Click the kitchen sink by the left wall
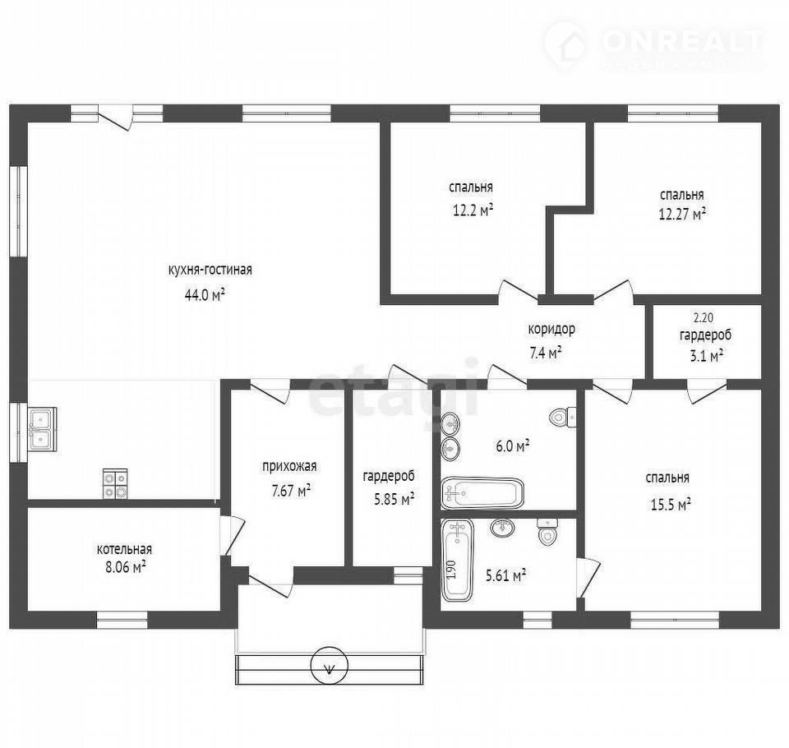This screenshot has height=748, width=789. (42, 429)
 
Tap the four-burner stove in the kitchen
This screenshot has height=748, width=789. (115, 483)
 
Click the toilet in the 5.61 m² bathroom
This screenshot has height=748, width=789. (547, 532)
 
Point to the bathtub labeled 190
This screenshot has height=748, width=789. (458, 561)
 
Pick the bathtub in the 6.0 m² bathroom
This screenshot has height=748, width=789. (482, 493)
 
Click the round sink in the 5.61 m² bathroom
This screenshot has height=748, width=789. (502, 528)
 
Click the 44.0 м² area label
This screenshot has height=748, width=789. (205, 294)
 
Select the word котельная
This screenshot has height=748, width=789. (124, 548)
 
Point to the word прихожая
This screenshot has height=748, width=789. (289, 467)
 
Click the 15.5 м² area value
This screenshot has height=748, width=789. (671, 504)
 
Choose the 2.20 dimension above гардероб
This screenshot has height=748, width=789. (704, 318)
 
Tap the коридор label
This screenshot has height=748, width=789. (551, 330)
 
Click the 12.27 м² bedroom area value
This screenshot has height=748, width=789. (682, 214)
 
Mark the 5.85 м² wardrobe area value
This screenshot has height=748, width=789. (394, 499)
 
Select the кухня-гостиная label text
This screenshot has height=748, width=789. (210, 270)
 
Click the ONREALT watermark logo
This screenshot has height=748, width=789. (654, 44)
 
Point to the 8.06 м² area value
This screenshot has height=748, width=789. (125, 568)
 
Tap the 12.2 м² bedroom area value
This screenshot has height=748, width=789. (473, 210)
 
